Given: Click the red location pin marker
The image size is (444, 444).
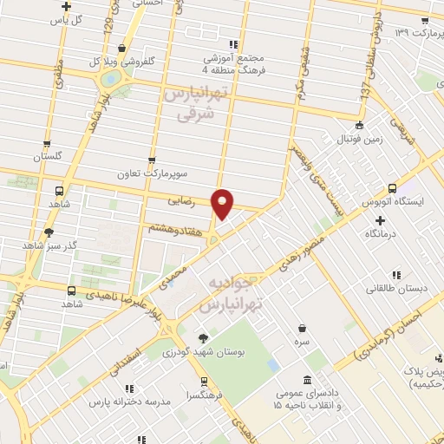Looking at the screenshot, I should [223, 204].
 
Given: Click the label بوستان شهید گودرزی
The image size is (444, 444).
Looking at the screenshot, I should [203, 352].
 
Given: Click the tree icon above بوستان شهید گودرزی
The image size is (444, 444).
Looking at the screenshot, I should [203, 338].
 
